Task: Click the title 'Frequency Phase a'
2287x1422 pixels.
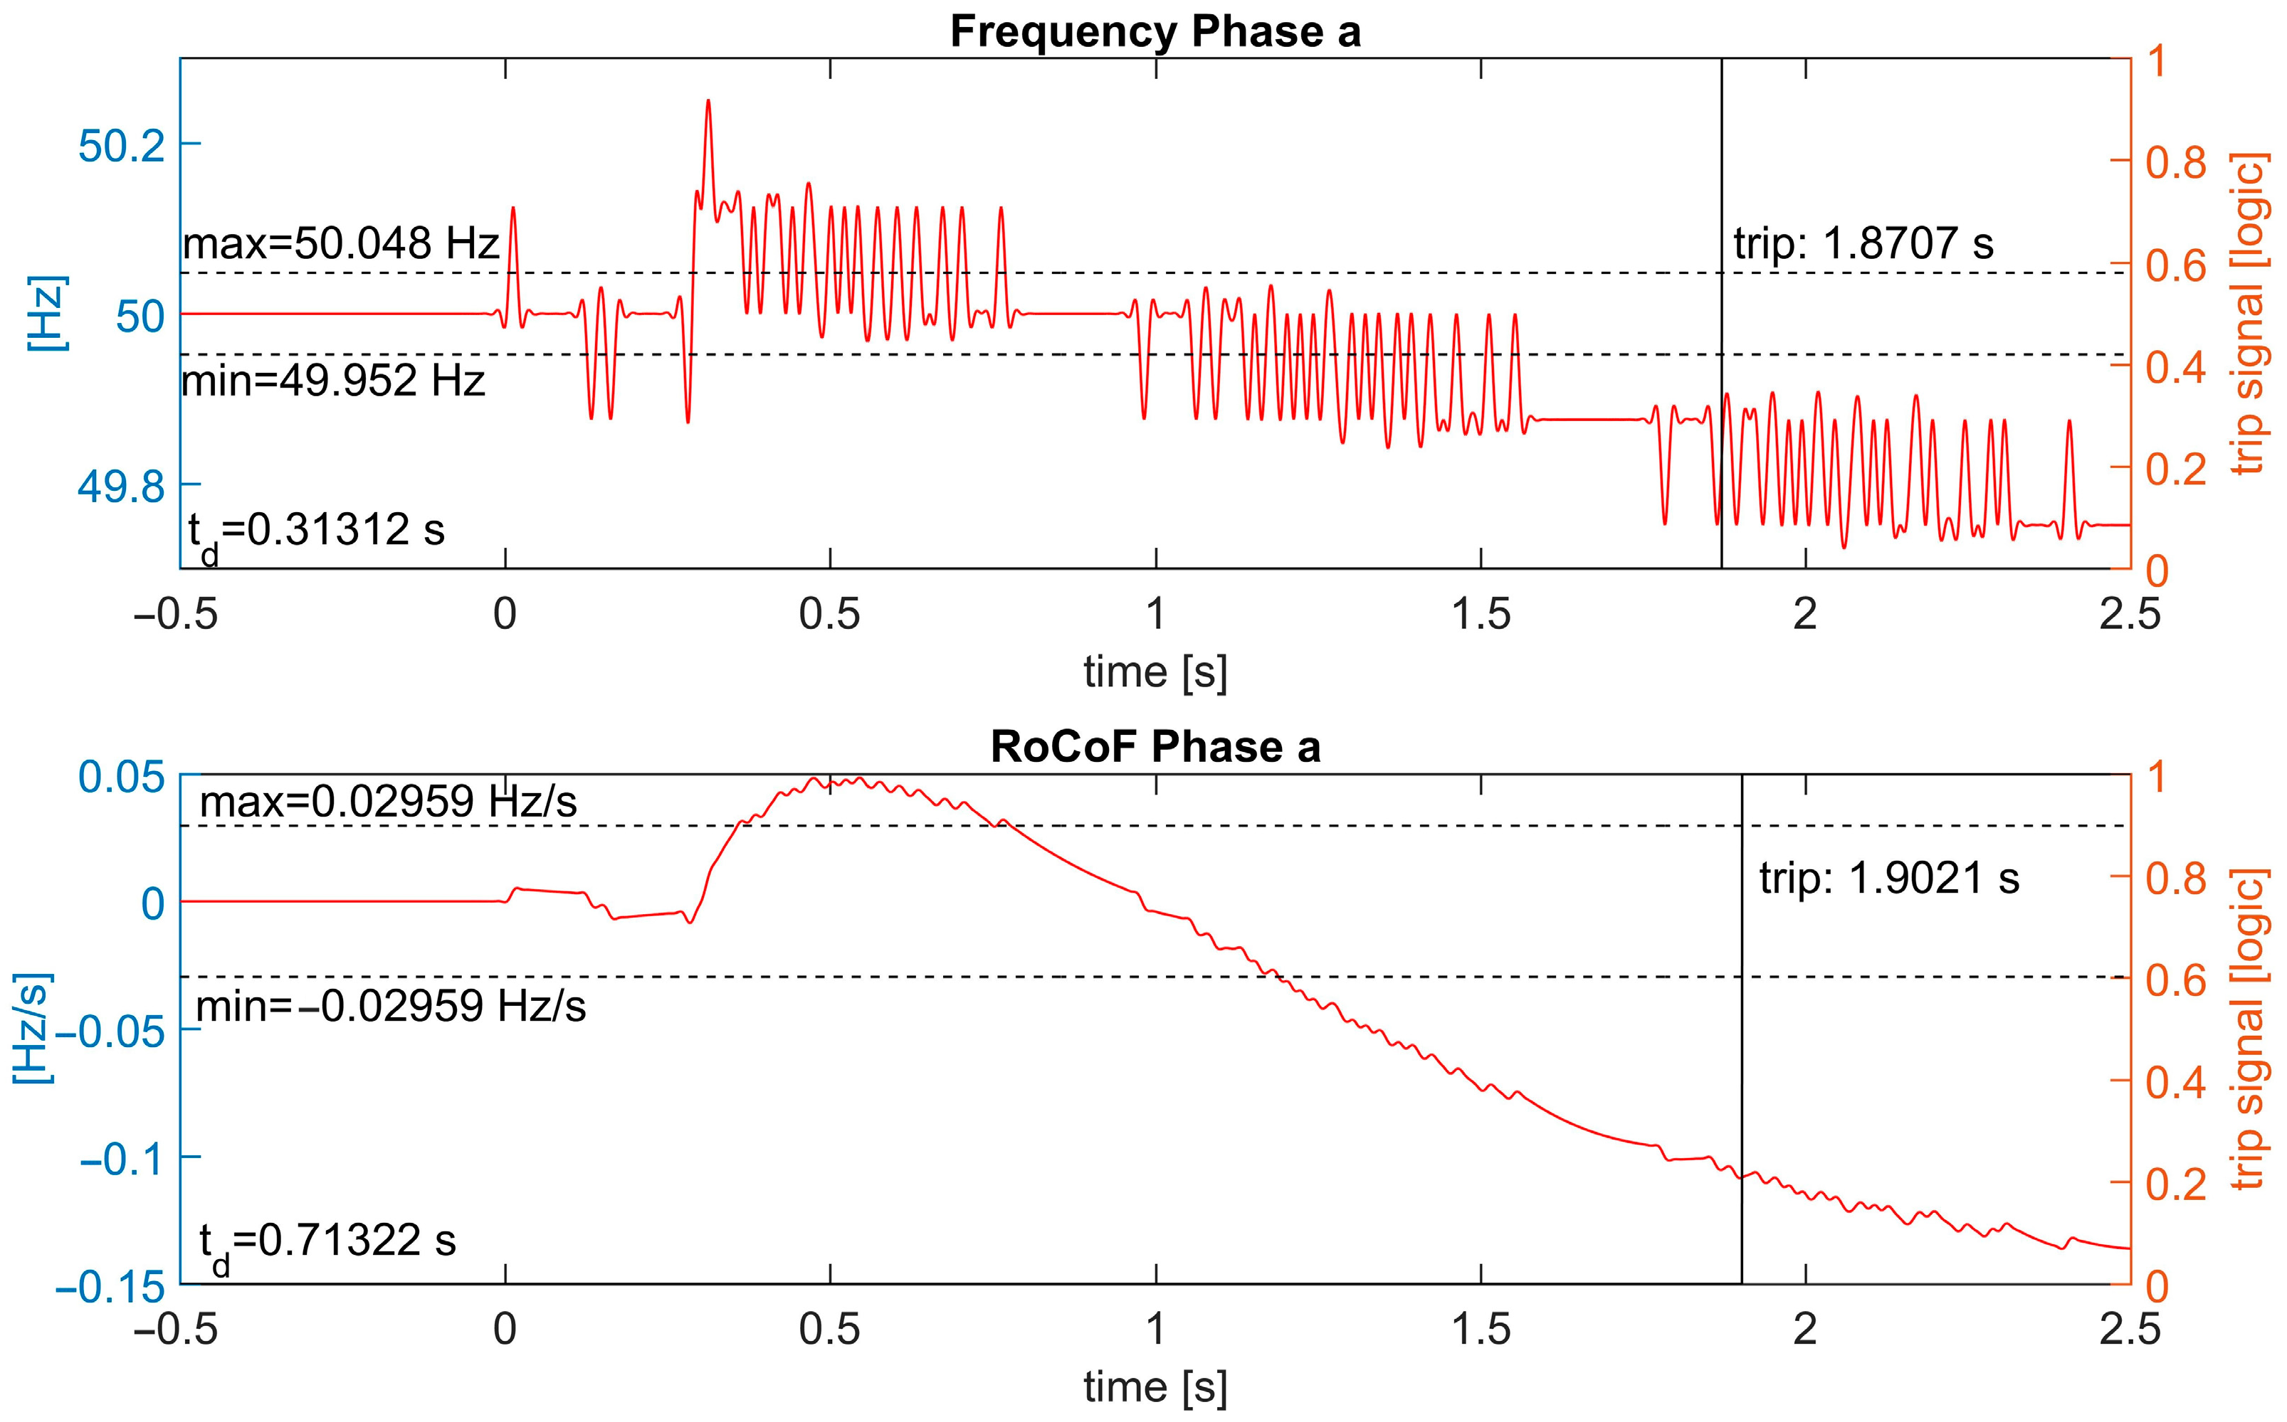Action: (x=1155, y=31)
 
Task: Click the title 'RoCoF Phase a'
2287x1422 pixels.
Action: (x=1155, y=747)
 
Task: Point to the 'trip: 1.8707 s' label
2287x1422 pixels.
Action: (x=1863, y=243)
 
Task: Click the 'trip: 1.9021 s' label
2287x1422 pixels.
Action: (x=1889, y=879)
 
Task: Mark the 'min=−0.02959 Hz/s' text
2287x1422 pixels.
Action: (x=390, y=1007)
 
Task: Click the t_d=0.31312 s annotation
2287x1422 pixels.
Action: (x=315, y=532)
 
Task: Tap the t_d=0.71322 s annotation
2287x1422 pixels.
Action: (x=327, y=1242)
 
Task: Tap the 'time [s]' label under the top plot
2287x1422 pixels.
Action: (x=1155, y=672)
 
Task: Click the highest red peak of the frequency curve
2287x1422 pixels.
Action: (x=708, y=100)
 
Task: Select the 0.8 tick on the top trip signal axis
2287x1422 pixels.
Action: (x=2175, y=161)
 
